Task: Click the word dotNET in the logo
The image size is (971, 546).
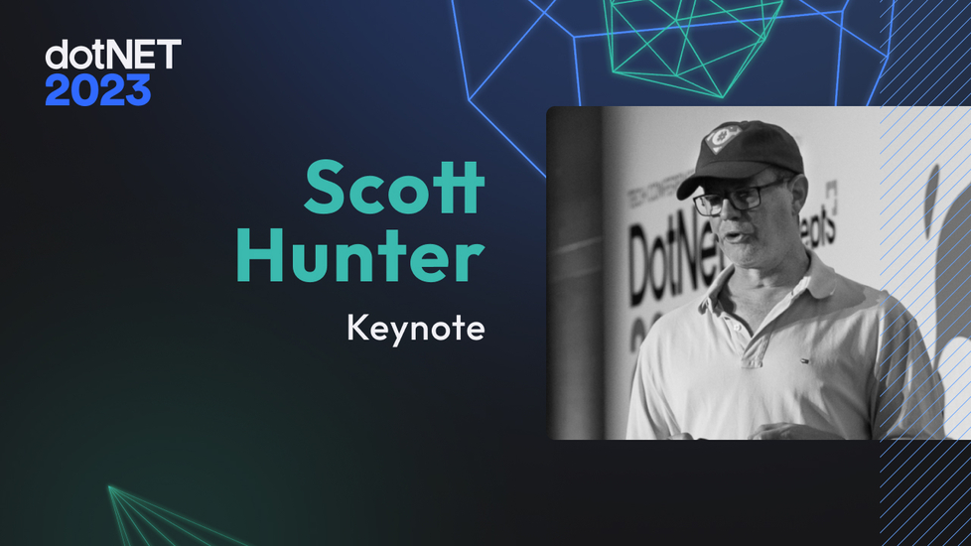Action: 113,55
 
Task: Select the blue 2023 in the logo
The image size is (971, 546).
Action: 97,91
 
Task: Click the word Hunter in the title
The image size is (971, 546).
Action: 359,257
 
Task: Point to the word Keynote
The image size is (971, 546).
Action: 415,328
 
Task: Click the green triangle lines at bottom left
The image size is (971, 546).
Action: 149,516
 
